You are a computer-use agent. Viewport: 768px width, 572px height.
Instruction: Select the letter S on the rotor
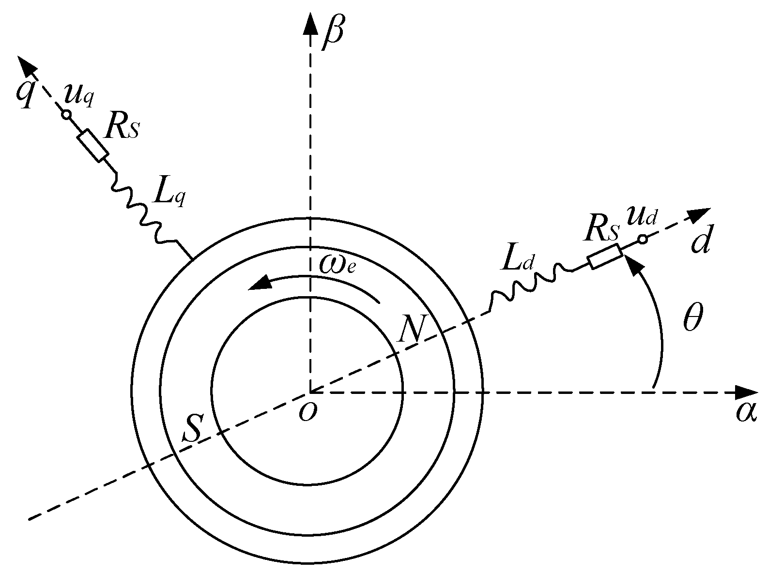192,428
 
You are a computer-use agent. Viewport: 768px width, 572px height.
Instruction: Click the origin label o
307,412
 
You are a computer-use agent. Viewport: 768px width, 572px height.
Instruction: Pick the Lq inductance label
169,195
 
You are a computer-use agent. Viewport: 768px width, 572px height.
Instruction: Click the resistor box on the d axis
604,256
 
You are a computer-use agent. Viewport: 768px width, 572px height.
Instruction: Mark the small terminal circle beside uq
66,114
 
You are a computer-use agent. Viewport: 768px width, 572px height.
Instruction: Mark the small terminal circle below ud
642,239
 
